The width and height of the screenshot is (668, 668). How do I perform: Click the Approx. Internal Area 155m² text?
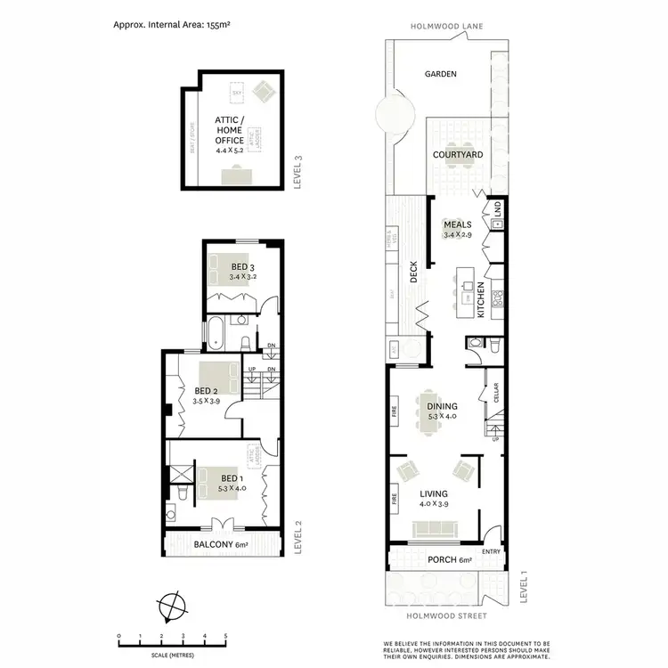pos(171,27)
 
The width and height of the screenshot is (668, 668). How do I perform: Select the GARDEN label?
pos(440,75)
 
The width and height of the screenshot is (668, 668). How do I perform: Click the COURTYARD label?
pos(458,155)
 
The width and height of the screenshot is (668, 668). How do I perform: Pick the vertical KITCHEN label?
pos(480,301)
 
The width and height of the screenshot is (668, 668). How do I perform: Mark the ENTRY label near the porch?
pos(491,552)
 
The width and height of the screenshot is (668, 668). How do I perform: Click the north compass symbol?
pos(170,608)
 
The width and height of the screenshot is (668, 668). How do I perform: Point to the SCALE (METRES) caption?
pos(171,655)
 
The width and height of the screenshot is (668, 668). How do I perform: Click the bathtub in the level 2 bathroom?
pos(216,333)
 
